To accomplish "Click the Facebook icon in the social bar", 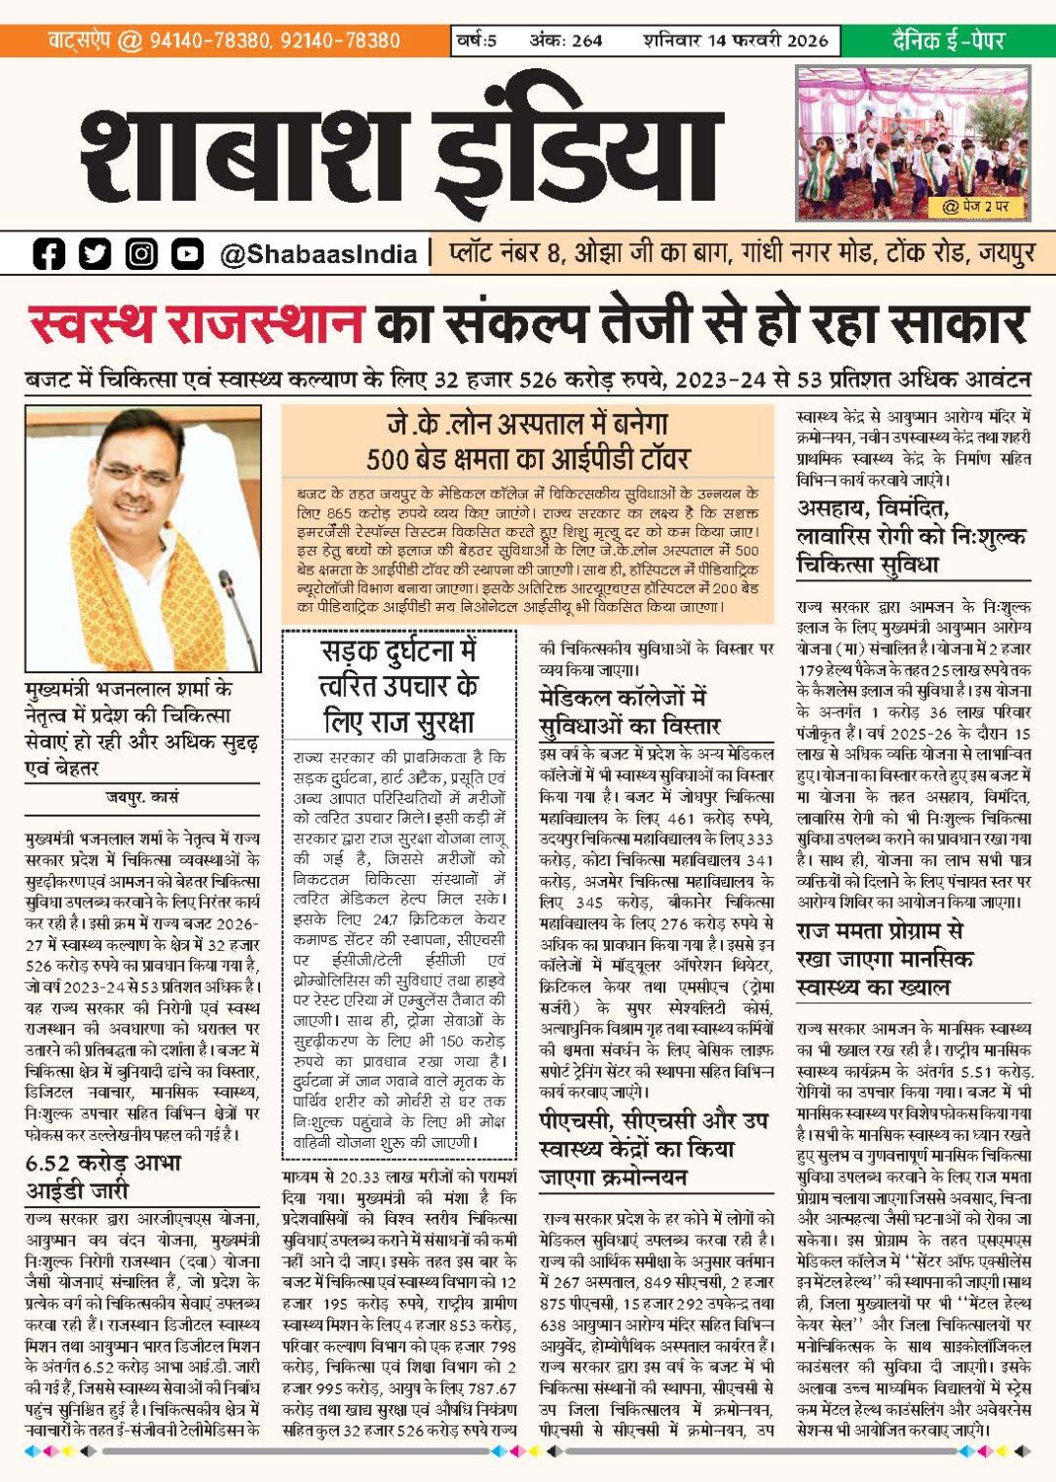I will pos(48,254).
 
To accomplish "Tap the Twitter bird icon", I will pos(95,254).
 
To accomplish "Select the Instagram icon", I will pos(141,254).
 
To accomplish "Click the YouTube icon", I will pos(187,254).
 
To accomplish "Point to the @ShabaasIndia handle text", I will pos(318,255).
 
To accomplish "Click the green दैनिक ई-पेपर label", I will pos(947,41).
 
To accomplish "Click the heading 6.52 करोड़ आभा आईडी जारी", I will pos(104,1176).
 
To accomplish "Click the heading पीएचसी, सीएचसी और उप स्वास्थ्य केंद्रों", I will pos(653,1148).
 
